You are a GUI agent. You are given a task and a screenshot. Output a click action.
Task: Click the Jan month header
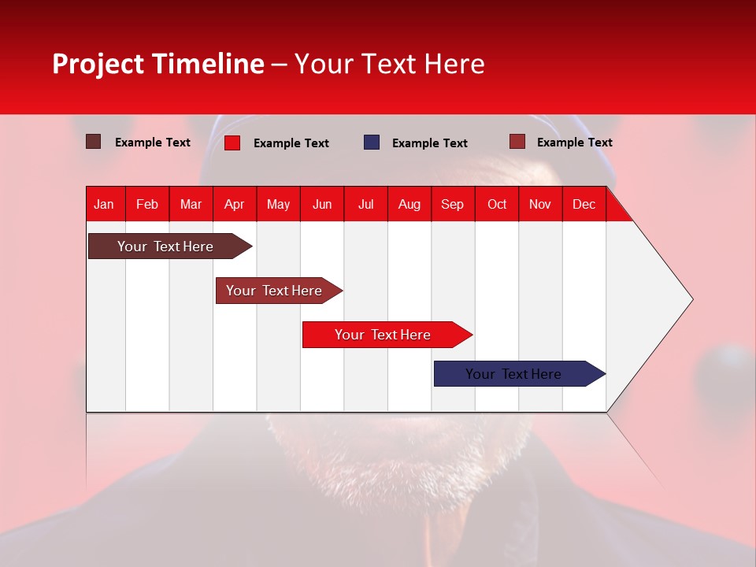pos(104,204)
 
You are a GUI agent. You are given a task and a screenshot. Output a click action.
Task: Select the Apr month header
pos(235,204)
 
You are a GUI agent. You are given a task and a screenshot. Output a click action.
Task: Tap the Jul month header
pos(365,204)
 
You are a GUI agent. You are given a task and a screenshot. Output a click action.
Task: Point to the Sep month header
pos(452,204)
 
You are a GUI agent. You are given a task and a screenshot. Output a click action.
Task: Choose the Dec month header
pos(584,204)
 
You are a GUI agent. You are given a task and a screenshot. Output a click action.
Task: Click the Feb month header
pos(147,204)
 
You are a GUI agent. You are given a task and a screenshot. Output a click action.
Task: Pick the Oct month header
pos(497,204)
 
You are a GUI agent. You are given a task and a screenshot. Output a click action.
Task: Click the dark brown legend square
pos(93,142)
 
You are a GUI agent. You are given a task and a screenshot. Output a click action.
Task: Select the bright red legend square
pos(232,143)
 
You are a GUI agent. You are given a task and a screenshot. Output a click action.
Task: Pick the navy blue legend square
pos(372,142)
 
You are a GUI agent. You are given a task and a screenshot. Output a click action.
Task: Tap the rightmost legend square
pos(517,142)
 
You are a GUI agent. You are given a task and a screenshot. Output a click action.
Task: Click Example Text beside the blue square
pos(429,143)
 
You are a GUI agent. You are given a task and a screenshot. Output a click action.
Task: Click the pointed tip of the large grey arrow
pos(691,299)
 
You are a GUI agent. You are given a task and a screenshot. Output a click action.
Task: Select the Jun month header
pos(322,204)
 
